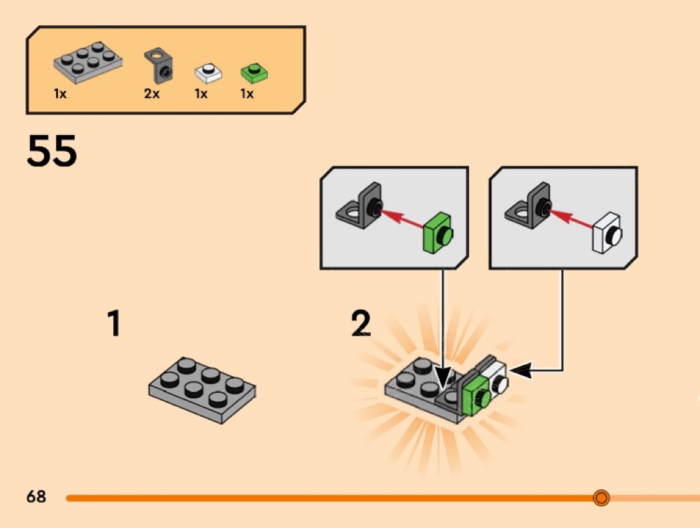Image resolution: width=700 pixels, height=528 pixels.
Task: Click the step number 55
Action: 52,151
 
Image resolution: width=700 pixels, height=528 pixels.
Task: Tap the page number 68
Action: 37,497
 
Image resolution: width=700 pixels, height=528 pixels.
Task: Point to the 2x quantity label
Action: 152,94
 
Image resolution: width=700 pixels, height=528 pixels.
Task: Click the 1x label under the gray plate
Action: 60,94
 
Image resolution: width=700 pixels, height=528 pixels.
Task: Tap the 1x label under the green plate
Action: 247,94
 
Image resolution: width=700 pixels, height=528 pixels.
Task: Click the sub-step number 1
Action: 115,324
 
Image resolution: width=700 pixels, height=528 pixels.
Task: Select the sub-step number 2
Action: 361,324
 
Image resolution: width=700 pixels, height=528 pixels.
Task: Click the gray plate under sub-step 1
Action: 202,388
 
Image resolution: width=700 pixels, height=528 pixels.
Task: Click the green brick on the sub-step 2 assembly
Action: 475,396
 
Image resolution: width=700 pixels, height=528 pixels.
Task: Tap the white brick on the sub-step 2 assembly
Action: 497,376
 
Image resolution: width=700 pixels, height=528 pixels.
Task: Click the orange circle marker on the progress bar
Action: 601,497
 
